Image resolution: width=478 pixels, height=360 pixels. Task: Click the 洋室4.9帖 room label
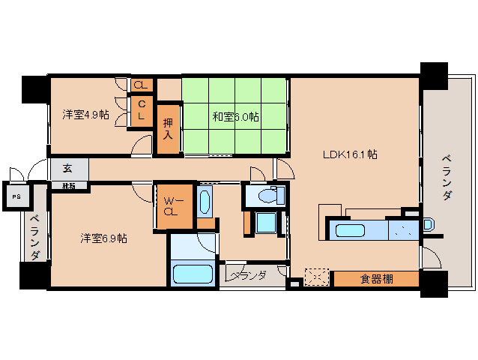pos(86,115)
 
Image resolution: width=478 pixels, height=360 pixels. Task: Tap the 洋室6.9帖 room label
pos(103,238)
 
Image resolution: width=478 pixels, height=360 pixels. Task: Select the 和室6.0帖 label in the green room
pos(235,117)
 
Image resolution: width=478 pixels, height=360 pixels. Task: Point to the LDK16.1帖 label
pos(349,155)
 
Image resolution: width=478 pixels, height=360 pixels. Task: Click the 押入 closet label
pos(168,128)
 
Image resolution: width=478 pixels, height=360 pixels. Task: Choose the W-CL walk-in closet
pos(171,205)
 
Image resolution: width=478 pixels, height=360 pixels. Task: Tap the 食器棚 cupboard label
pos(375,280)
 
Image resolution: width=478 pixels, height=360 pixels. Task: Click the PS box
pos(16,197)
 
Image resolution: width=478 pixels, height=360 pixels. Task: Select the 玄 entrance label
pos(67,169)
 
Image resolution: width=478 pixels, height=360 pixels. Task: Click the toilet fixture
pos(267,196)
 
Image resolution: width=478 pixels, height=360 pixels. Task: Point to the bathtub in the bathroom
pos(193,273)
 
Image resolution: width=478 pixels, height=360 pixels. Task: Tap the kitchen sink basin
pos(350,229)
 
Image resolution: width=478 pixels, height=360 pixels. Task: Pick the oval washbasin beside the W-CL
pos(205,202)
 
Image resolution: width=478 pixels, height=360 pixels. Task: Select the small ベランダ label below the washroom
pos(249,276)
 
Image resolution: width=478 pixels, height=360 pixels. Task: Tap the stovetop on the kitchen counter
pos(403,230)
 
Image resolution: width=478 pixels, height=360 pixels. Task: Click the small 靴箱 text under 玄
pos(68,185)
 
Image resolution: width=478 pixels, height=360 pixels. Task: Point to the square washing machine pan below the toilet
pos(265,223)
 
